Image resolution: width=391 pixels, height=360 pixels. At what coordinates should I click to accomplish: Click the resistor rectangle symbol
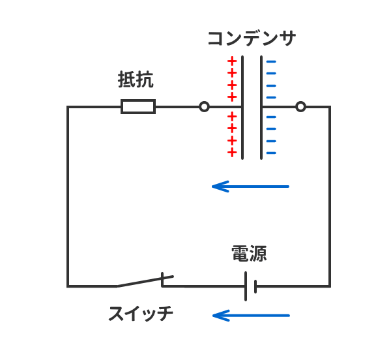138,106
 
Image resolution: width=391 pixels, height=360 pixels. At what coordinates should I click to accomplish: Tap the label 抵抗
136,80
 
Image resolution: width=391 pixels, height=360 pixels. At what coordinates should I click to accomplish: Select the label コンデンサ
251,38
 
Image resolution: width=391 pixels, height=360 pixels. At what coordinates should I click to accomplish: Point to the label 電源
249,253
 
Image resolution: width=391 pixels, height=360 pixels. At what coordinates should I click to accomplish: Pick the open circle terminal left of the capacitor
204,106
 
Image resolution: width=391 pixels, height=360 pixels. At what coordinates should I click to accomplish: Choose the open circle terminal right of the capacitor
300,106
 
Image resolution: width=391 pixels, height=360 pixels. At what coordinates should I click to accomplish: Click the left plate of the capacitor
242,108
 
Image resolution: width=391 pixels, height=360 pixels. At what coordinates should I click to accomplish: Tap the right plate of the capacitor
262,108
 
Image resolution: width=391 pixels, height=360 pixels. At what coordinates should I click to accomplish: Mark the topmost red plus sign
231,61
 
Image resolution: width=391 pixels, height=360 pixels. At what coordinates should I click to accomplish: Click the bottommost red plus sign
231,153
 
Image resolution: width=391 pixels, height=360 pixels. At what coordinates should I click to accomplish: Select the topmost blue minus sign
271,61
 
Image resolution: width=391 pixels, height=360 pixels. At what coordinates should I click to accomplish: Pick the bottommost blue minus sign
271,153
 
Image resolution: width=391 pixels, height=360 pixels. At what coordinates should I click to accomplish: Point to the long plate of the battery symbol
246,286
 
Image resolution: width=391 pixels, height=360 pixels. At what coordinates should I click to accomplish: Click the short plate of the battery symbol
256,286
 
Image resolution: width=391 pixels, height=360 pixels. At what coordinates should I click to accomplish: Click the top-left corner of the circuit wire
68,107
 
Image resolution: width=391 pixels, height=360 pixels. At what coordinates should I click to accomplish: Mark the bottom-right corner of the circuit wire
329,286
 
